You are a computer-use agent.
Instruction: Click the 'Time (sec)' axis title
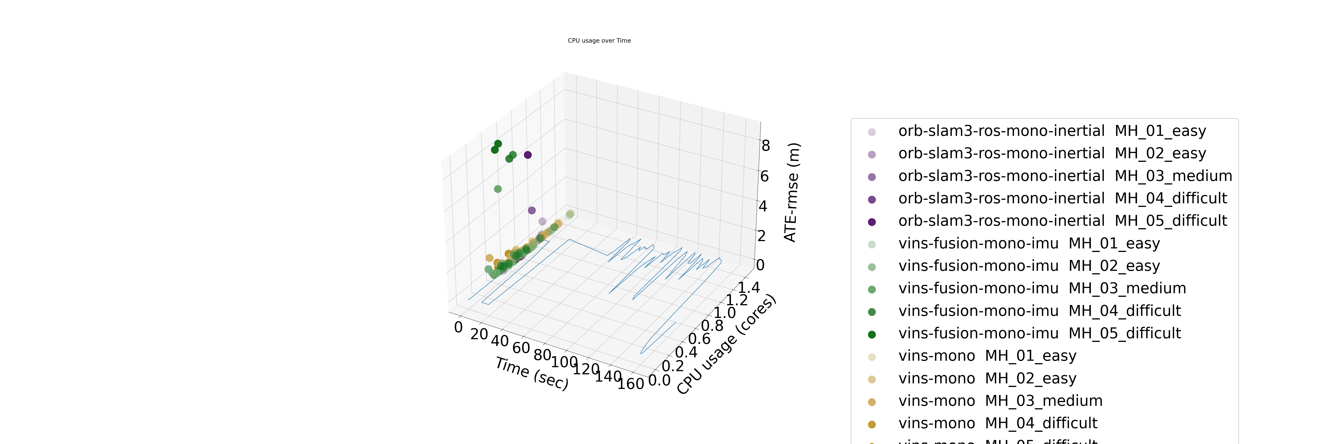pos(531,373)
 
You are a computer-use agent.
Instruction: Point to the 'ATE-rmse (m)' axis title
pos(792,192)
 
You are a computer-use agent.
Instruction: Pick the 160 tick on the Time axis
pos(631,384)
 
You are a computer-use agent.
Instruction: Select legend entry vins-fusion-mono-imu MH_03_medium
pos(1042,288)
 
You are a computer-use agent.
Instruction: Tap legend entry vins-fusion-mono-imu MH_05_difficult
pos(1039,333)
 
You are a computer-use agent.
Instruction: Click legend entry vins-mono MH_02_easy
pos(987,378)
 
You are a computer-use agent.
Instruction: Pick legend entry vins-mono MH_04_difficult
pos(997,423)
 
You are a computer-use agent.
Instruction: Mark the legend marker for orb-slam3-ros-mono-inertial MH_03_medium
pos(872,177)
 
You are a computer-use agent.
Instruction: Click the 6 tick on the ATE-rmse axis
pos(764,176)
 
